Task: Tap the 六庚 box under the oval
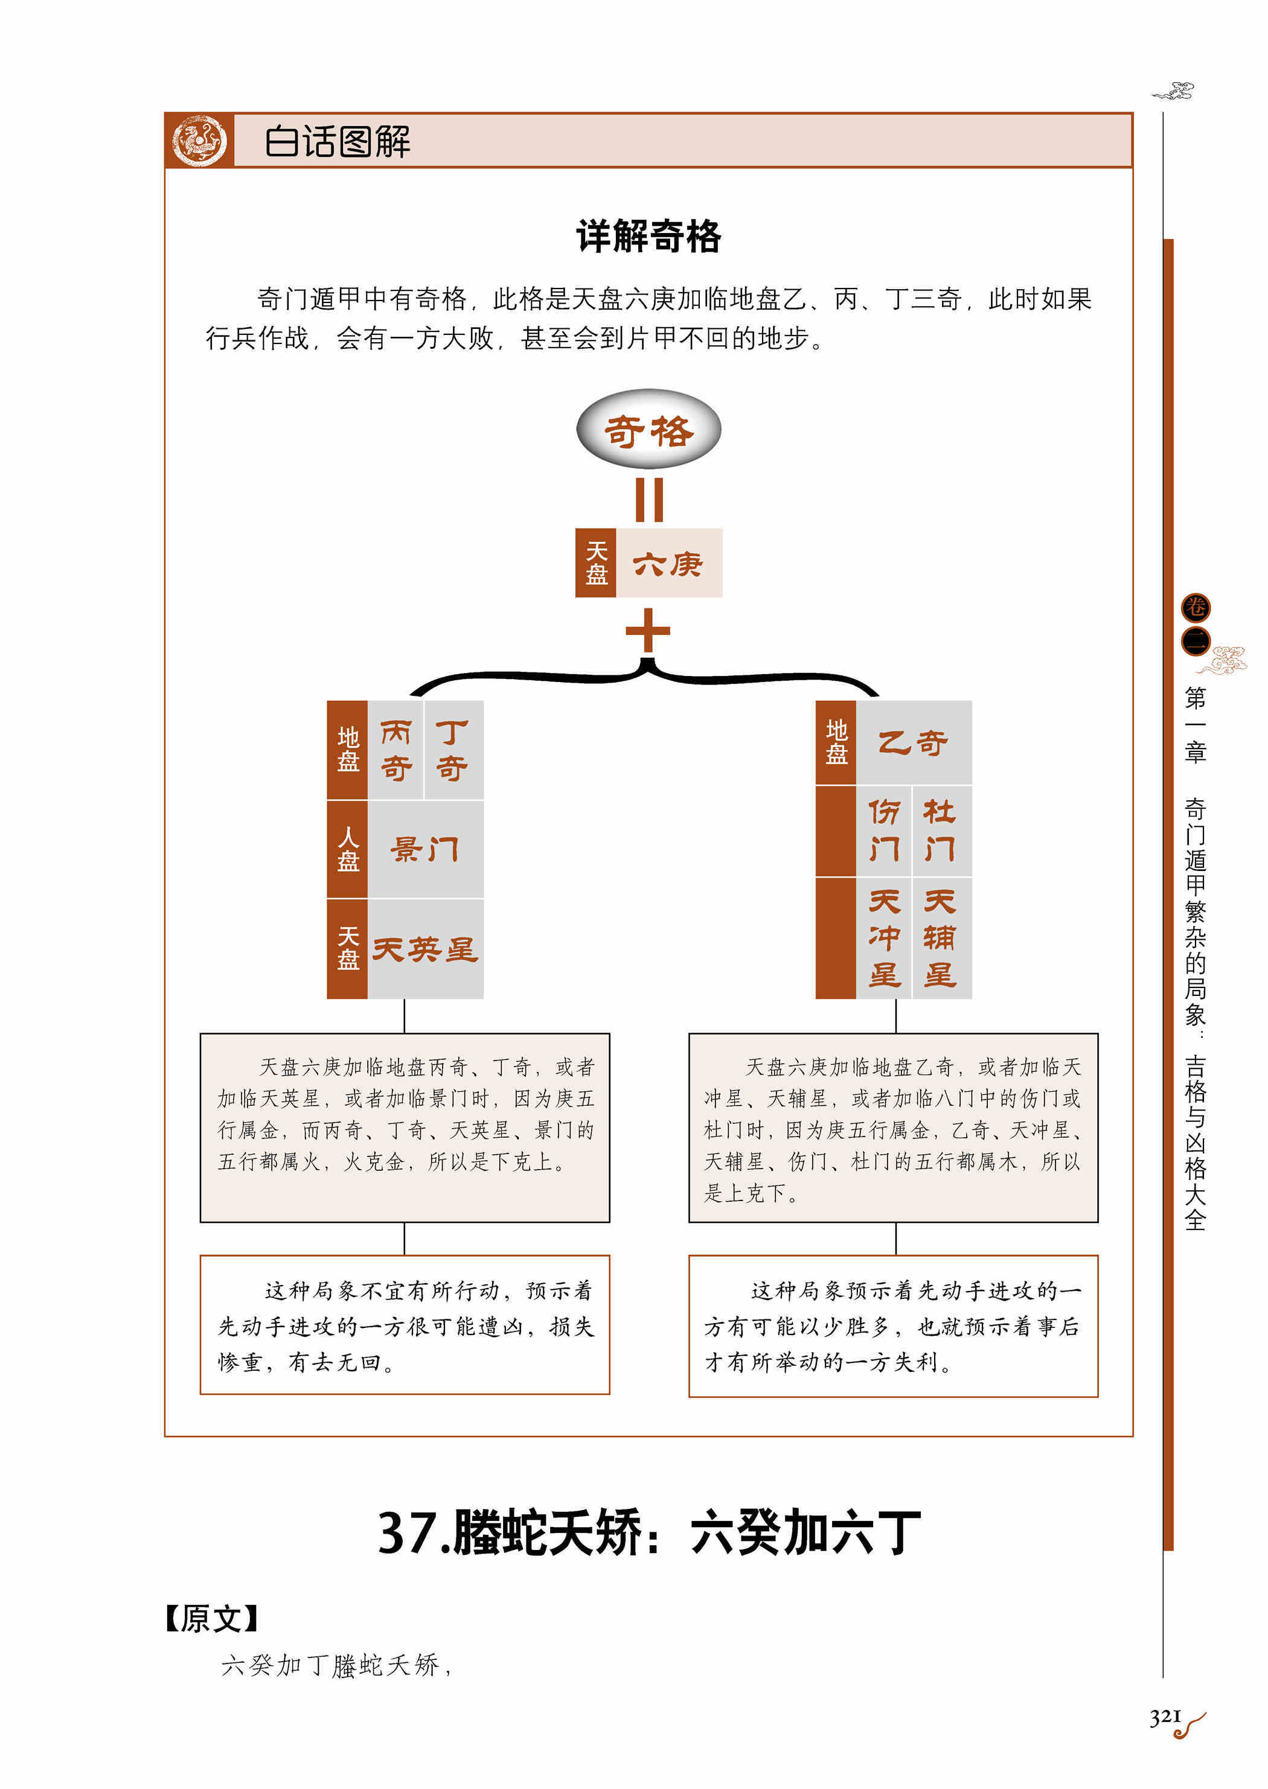point(669,563)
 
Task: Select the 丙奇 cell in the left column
point(396,749)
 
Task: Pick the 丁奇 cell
point(453,749)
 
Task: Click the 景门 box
point(426,849)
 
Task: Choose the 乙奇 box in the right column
point(914,742)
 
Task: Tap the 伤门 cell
point(884,831)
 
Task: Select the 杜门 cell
point(941,831)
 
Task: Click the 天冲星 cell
point(884,938)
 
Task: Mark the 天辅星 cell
point(941,938)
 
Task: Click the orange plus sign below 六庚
point(648,630)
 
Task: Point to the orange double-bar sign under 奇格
point(649,500)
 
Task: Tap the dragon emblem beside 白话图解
point(199,141)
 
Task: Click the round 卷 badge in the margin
point(1196,607)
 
